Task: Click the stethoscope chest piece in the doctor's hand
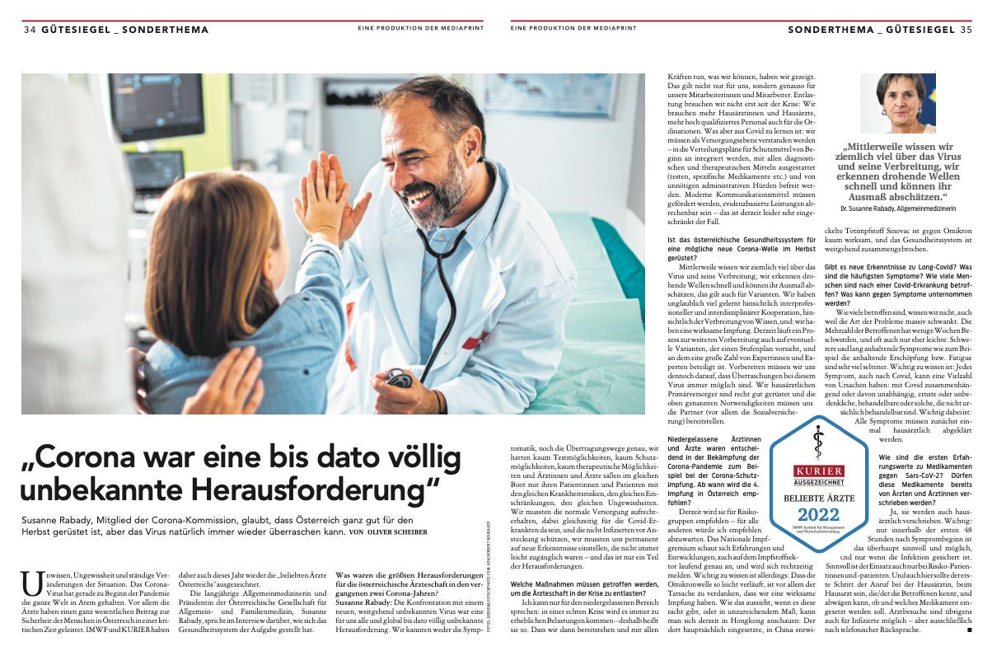398,377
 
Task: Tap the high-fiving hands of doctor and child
330,198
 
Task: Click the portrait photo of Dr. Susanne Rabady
897,103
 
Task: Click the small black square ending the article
970,630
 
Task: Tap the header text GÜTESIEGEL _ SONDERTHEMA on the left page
124,30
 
